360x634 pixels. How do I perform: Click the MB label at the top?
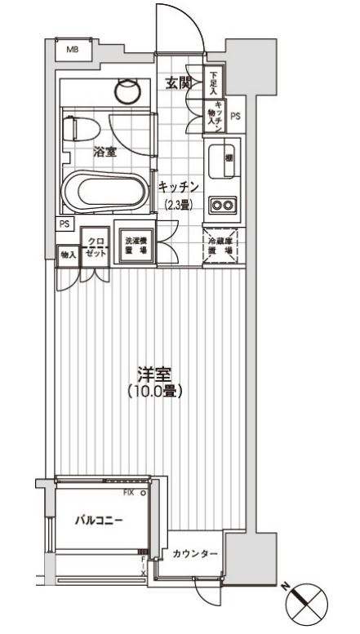click(x=73, y=50)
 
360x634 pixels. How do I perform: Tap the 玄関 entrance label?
click(x=179, y=82)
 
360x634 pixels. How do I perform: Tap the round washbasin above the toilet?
click(x=128, y=88)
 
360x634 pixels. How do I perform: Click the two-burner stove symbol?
click(x=222, y=205)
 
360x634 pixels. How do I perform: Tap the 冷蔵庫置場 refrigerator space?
click(x=222, y=246)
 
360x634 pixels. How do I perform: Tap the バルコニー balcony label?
click(x=97, y=520)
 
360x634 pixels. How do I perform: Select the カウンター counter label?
click(x=195, y=554)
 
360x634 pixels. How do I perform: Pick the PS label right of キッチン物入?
click(x=236, y=117)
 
